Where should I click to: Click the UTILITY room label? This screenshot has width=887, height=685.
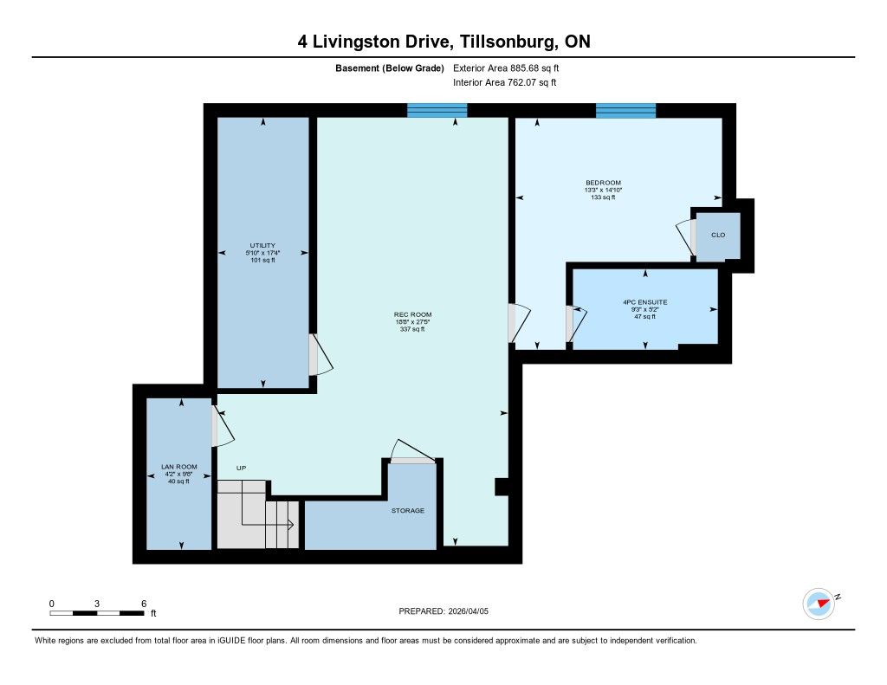pyautogui.click(x=262, y=245)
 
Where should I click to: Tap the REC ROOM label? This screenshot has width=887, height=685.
pyautogui.click(x=412, y=314)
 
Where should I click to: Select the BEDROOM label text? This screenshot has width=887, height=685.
pyautogui.click(x=603, y=183)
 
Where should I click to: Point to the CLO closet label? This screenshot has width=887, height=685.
pyautogui.click(x=718, y=235)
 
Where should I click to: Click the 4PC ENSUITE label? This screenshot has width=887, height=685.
pyautogui.click(x=644, y=302)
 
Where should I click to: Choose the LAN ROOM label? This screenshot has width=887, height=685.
pyautogui.click(x=178, y=467)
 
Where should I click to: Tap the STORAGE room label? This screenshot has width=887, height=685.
pyautogui.click(x=408, y=510)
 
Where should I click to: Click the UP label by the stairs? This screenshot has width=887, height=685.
pyautogui.click(x=242, y=468)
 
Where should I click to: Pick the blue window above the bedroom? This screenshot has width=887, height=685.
pyautogui.click(x=625, y=110)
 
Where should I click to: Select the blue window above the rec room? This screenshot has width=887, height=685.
pyautogui.click(x=437, y=110)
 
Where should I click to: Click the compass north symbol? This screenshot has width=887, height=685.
pyautogui.click(x=819, y=604)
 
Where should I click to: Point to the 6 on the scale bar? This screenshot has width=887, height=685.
pyautogui.click(x=144, y=604)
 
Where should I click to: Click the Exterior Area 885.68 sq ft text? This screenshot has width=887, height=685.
pyautogui.click(x=506, y=68)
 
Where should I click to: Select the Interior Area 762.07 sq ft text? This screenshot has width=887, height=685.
pyautogui.click(x=505, y=82)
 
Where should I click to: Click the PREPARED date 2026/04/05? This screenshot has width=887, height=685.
pyautogui.click(x=469, y=611)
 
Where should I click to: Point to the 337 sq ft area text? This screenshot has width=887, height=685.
pyautogui.click(x=412, y=329)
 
